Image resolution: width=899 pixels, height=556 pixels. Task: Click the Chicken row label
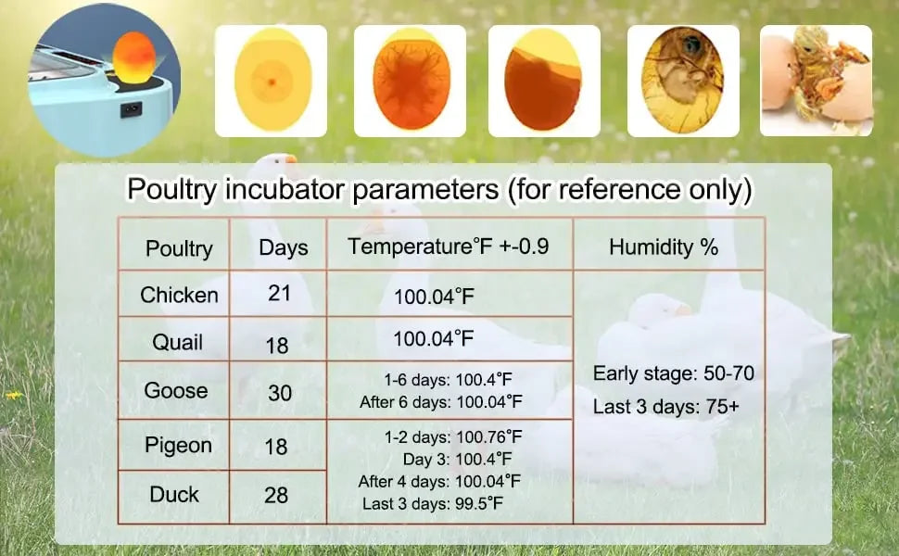(x=179, y=295)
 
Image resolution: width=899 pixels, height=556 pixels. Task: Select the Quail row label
(x=177, y=343)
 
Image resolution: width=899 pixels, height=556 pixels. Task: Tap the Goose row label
(x=175, y=390)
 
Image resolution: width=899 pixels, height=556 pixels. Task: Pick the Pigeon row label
(x=178, y=445)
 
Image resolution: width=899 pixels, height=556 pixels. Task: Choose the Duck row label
(x=174, y=494)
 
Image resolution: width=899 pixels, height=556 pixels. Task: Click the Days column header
(x=283, y=247)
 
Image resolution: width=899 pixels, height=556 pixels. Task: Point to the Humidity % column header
(x=664, y=246)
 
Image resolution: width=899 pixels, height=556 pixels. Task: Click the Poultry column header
(x=179, y=248)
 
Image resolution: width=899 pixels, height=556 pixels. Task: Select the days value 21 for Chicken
(x=279, y=293)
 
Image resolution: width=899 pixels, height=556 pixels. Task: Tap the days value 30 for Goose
(x=280, y=393)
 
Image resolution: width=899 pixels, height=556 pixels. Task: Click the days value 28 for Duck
(x=276, y=496)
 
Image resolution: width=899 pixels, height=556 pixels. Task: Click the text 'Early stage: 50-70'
(x=673, y=373)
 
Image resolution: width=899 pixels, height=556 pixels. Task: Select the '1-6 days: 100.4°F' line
(x=448, y=379)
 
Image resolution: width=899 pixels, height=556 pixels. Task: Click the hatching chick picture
(x=816, y=81)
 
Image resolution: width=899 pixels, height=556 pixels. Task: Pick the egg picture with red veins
(x=410, y=81)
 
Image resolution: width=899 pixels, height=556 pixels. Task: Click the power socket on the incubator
(x=132, y=109)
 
